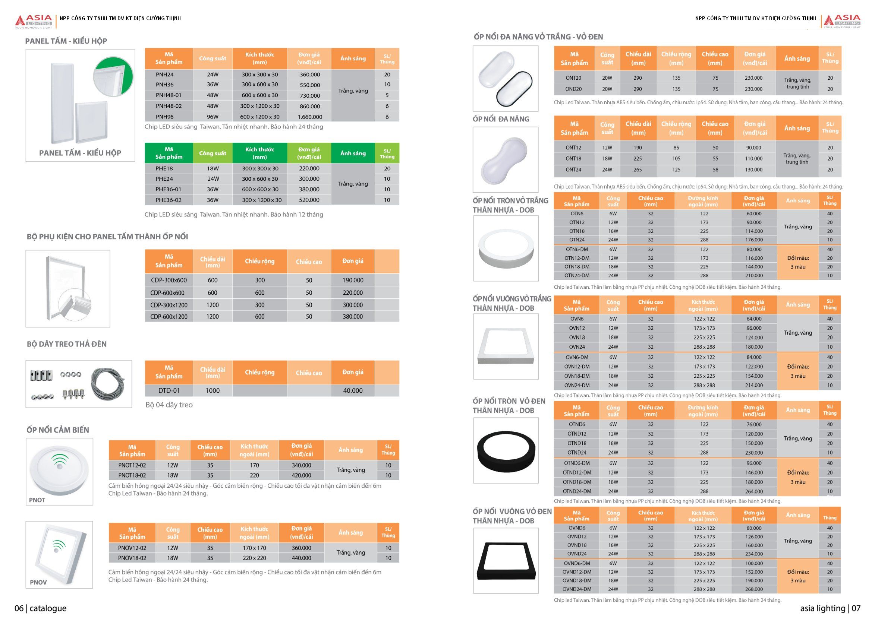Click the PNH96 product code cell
[x=165, y=117]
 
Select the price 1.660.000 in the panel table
[x=310, y=117]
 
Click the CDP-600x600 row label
[x=167, y=293]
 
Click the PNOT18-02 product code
[x=132, y=475]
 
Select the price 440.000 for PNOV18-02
[x=301, y=558]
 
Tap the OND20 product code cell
[x=573, y=89]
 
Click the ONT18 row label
[x=573, y=158]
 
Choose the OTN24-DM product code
[x=577, y=275]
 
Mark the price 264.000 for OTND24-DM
[x=754, y=491]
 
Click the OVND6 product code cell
[x=577, y=528]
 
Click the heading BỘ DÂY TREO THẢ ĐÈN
[x=67, y=344]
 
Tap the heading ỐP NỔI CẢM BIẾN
[x=58, y=430]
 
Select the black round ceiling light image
[x=506, y=450]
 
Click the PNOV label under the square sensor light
[x=38, y=582]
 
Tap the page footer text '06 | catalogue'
[x=41, y=608]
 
